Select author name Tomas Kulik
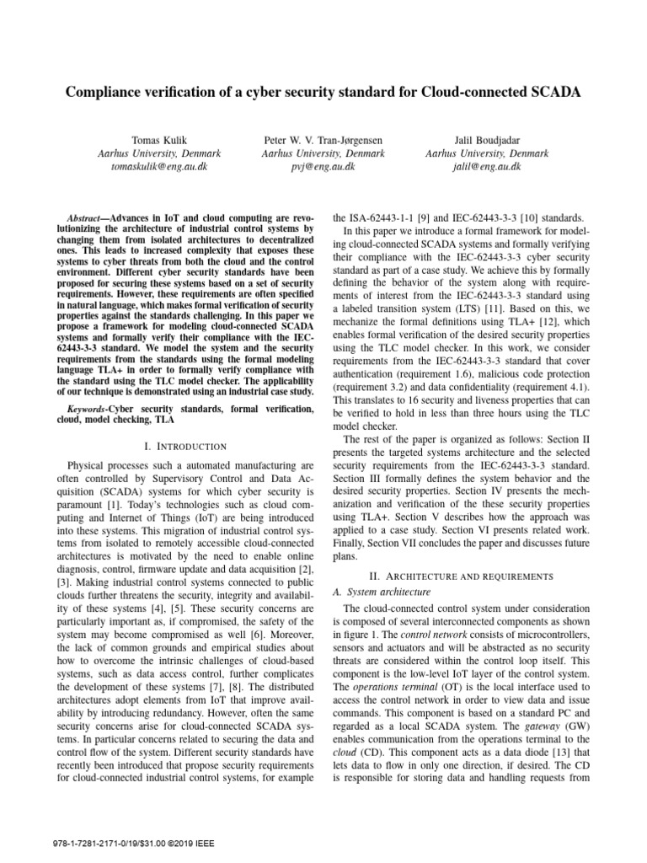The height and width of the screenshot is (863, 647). pos(159,140)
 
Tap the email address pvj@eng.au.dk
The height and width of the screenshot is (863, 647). pos(323,167)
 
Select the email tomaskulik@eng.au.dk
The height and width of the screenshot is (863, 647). pos(159,167)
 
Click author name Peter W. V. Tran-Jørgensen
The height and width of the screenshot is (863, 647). pos(323,140)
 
